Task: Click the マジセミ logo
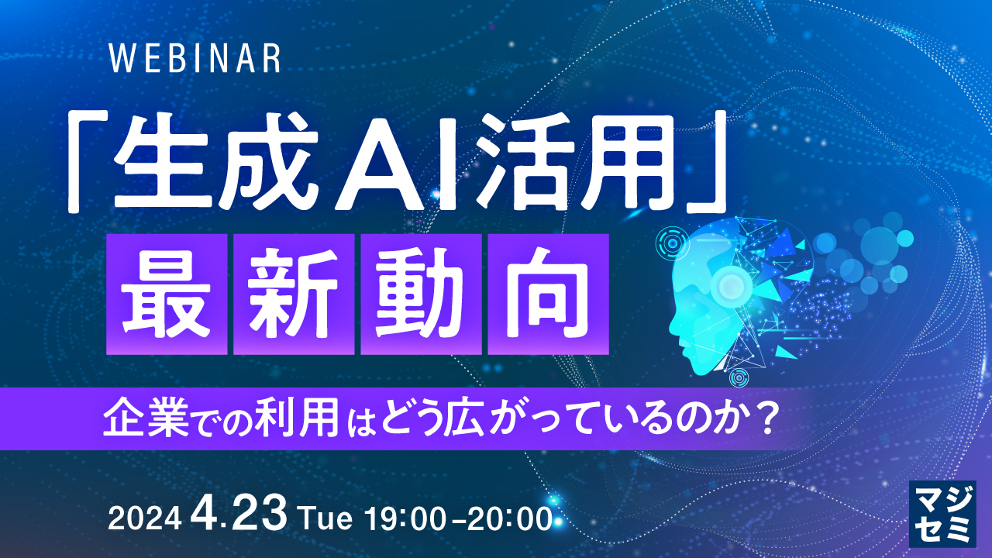(x=941, y=514)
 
